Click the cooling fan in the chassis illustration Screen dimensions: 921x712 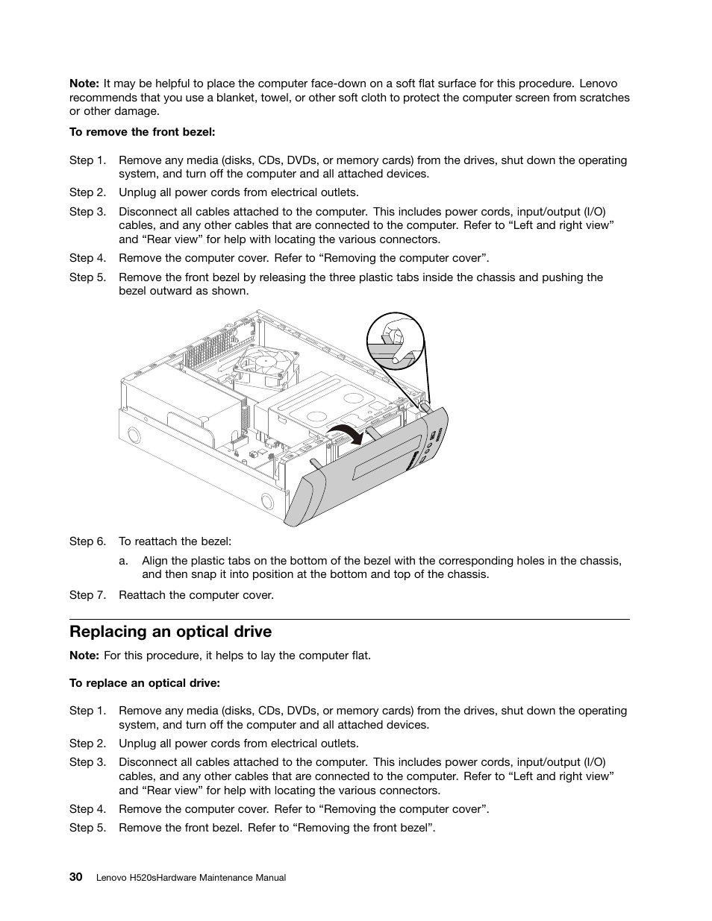pos(266,364)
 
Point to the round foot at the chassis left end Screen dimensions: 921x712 pos(134,434)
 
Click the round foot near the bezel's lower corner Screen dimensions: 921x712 pos(267,500)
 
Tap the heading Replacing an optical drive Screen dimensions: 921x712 pos(170,632)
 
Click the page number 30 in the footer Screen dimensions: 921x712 pos(75,877)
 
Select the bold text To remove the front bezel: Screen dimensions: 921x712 pos(142,132)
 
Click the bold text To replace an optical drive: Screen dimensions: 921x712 pos(145,683)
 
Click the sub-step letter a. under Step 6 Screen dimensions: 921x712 pos(123,561)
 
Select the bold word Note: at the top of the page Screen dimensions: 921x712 pos(84,84)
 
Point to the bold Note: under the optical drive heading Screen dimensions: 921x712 pos(84,656)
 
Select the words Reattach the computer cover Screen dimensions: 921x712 pos(196,595)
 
